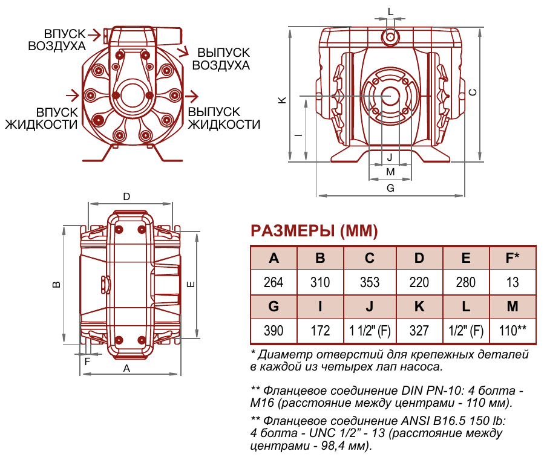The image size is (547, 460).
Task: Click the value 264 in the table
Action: pyautogui.click(x=273, y=282)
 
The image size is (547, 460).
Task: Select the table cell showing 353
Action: pyautogui.click(x=370, y=282)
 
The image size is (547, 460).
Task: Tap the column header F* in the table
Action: pyautogui.click(x=513, y=258)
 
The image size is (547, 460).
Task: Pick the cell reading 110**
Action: pyautogui.click(x=513, y=331)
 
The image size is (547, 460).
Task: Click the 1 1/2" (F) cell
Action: pyautogui.click(x=370, y=331)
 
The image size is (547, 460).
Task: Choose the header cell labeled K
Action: pyautogui.click(x=419, y=306)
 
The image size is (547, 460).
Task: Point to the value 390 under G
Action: pyautogui.click(x=273, y=331)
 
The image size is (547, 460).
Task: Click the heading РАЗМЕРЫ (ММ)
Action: pyautogui.click(x=314, y=231)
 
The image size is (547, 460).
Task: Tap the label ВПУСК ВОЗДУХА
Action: pyautogui.click(x=56, y=39)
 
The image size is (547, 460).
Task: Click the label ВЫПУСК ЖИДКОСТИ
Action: pyautogui.click(x=224, y=118)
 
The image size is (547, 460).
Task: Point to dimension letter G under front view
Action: pyautogui.click(x=390, y=188)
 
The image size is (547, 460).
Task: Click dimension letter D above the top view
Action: pyautogui.click(x=126, y=196)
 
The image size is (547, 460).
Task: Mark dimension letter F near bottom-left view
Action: pyautogui.click(x=87, y=362)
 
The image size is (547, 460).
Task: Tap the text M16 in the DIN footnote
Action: pyautogui.click(x=262, y=403)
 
